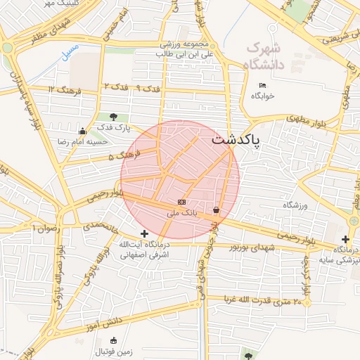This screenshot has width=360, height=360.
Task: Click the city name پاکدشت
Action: coord(235,140)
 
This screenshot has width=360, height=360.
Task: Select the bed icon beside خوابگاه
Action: coord(262,86)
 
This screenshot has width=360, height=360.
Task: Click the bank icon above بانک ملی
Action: coord(182,202)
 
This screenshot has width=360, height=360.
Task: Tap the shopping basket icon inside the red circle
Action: coord(215,210)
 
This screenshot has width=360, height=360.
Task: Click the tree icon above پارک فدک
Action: coord(114,117)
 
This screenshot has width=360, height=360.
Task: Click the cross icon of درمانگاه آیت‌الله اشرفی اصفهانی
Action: coord(144,233)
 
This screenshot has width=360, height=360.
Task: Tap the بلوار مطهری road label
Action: coord(308,121)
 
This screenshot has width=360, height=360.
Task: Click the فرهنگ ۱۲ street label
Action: coord(65,89)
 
